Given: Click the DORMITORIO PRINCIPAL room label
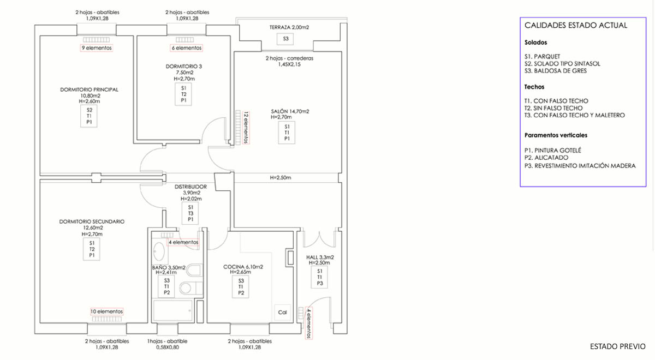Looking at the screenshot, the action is tap(89, 89).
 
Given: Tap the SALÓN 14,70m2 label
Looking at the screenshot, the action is tap(290, 111).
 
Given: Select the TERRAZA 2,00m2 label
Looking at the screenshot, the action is tap(289, 27).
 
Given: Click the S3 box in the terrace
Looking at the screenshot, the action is tap(285, 39).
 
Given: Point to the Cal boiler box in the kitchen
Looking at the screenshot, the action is tap(283, 313).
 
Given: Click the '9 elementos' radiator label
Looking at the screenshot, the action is tap(97, 48).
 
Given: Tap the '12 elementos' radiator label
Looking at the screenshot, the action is tap(246, 128).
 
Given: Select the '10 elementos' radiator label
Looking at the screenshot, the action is tap(107, 311).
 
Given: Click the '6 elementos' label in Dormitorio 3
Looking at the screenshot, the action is tap(187, 48).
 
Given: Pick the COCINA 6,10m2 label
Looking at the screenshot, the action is tap(243, 267).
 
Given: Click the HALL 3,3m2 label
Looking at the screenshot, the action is tap(320, 257).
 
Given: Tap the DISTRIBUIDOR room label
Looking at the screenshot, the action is tap(190, 187).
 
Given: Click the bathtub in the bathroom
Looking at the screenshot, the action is tap(172, 310).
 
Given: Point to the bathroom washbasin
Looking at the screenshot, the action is tap(159, 251).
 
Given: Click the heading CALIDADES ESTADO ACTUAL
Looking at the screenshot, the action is tap(576, 26).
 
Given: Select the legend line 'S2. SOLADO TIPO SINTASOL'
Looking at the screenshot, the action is tap(562, 64).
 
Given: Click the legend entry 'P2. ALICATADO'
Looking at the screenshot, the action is tap(546, 158).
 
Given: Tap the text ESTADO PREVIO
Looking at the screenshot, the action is tap(617, 346).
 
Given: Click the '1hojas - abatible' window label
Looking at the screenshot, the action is tap(167, 341).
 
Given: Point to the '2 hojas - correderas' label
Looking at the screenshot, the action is tap(289, 58).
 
